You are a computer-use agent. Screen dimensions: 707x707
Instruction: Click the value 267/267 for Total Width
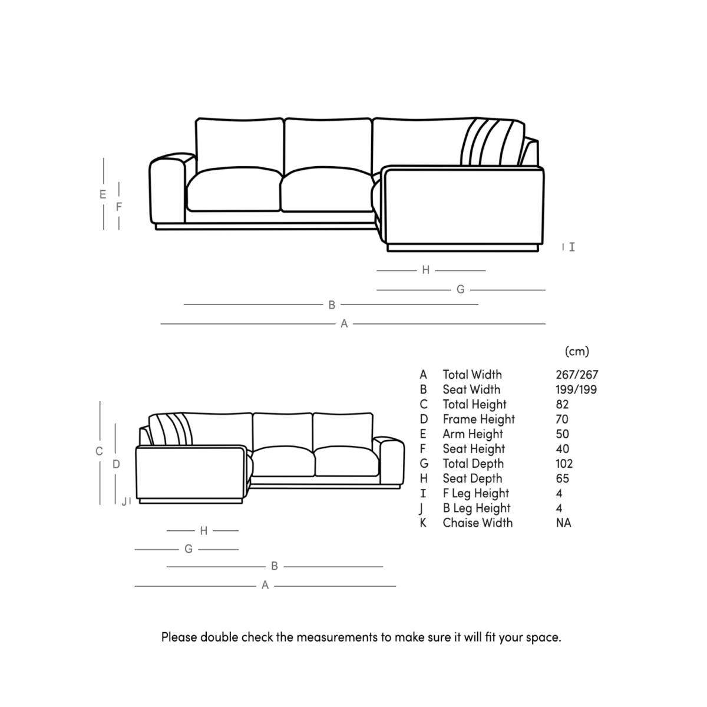[x=576, y=375]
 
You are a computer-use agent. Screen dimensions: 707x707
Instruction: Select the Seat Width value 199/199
[x=576, y=389]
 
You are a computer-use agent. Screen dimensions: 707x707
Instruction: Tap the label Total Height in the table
[x=474, y=404]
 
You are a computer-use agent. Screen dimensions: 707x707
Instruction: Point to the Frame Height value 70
[x=562, y=419]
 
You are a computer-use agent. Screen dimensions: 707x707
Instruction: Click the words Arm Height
[x=473, y=434]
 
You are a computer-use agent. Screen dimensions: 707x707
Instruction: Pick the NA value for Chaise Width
[x=563, y=523]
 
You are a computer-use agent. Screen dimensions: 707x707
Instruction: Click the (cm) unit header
[x=577, y=351]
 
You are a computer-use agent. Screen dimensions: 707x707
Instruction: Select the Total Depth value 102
[x=564, y=464]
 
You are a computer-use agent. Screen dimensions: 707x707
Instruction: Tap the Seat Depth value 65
[x=562, y=478]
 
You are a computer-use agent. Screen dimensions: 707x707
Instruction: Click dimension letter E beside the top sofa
[x=103, y=194]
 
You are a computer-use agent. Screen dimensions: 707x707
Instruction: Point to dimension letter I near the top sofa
[x=571, y=247]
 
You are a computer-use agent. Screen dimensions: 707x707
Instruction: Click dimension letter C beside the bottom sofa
[x=99, y=452]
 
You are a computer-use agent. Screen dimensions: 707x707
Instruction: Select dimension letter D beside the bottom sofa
[x=116, y=464]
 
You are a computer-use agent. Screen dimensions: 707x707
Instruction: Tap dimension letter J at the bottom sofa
[x=124, y=502]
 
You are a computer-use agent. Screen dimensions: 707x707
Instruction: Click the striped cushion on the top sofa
[x=492, y=143]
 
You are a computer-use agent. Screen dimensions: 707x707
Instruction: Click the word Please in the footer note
[x=179, y=637]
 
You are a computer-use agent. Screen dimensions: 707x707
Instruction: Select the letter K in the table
[x=423, y=523]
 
